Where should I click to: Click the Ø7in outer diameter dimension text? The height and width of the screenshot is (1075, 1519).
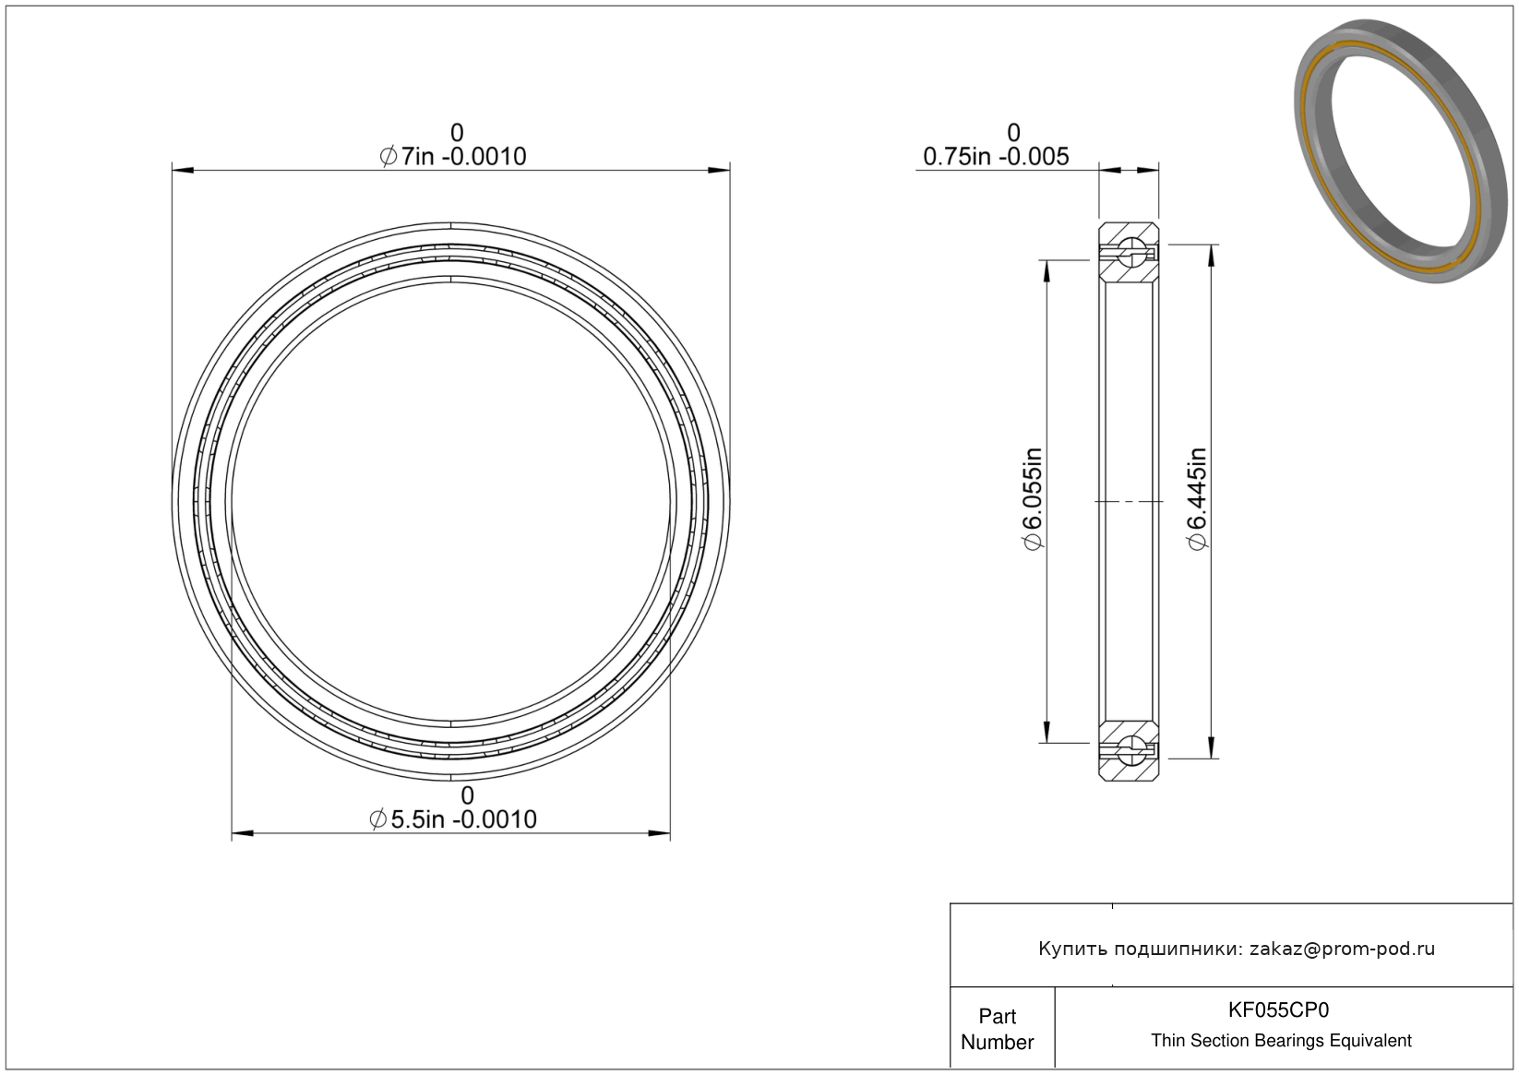pyautogui.click(x=453, y=157)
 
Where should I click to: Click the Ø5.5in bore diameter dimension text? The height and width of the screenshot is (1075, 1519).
pyautogui.click(x=453, y=819)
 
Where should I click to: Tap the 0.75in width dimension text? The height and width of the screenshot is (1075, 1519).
pyautogui.click(x=996, y=157)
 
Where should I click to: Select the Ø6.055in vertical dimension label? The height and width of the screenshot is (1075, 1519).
pyautogui.click(x=1033, y=498)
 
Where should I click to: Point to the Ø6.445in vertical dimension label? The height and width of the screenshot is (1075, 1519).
pyautogui.click(x=1198, y=498)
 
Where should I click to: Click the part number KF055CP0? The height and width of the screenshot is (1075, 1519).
pyautogui.click(x=1278, y=1009)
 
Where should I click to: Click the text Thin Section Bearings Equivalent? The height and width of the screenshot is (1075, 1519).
pyautogui.click(x=1281, y=1040)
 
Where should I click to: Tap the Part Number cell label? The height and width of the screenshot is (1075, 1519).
pyautogui.click(x=997, y=1029)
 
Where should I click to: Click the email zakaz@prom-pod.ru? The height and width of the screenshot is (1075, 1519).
pyautogui.click(x=1342, y=949)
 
